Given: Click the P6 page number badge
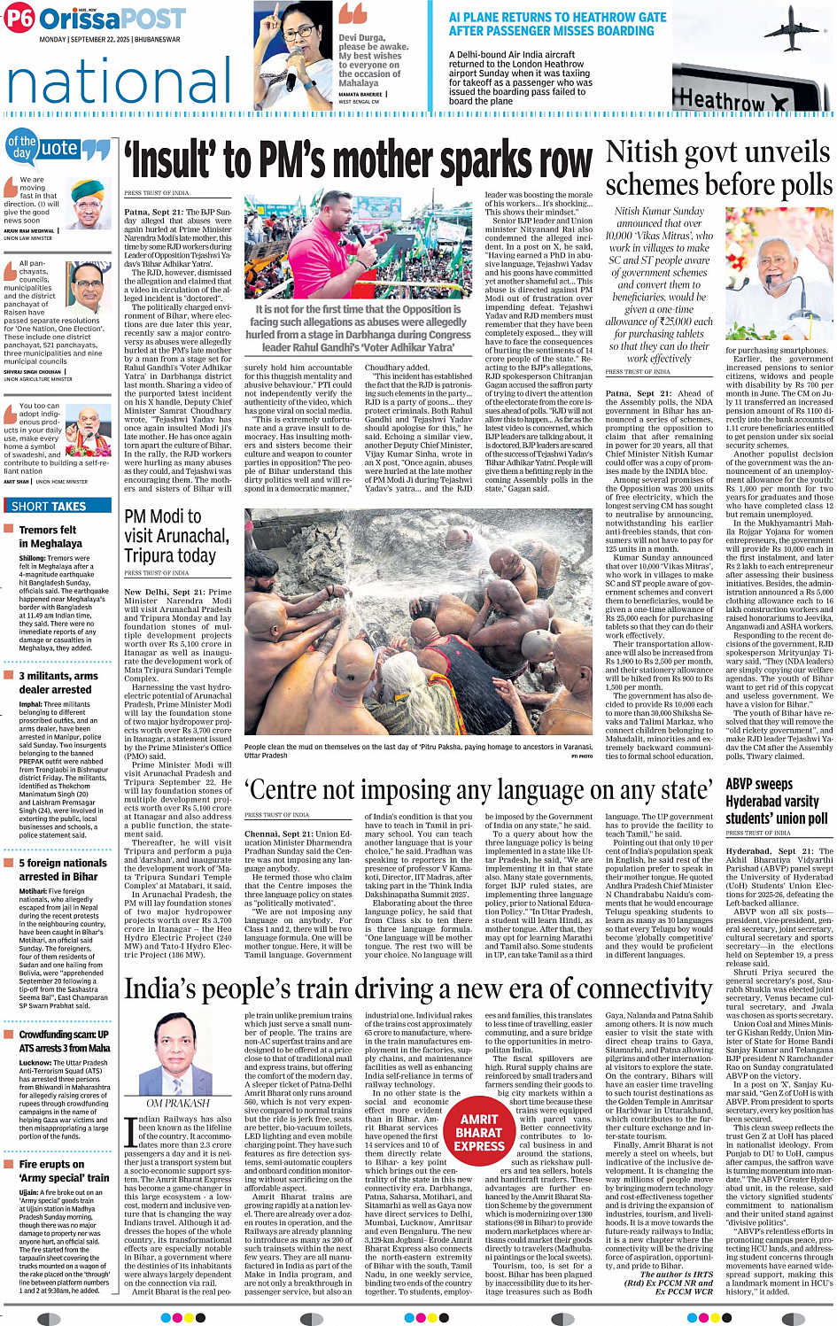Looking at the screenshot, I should pyautogui.click(x=19, y=19).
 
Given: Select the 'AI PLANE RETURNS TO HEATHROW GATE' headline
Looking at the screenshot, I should pyautogui.click(x=557, y=24).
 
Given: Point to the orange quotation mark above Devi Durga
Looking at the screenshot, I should pyautogui.click(x=353, y=14).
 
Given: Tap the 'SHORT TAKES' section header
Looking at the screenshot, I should pyautogui.click(x=49, y=507).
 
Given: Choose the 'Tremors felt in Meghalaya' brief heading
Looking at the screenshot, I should pyautogui.click(x=50, y=537).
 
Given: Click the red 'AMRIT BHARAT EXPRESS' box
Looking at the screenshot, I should pyautogui.click(x=479, y=1133).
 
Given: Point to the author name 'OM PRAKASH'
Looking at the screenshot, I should pyautogui.click(x=178, y=1103).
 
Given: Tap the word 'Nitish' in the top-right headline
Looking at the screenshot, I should pyautogui.click(x=641, y=152).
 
